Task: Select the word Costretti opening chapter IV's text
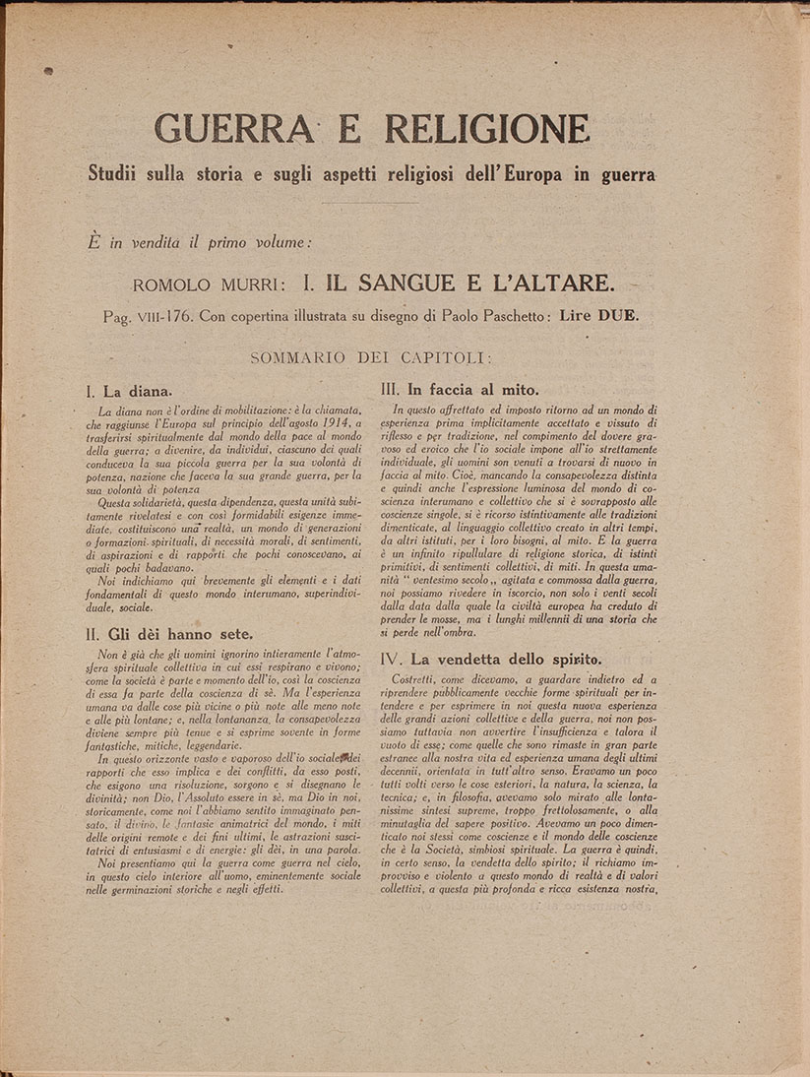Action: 418,680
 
